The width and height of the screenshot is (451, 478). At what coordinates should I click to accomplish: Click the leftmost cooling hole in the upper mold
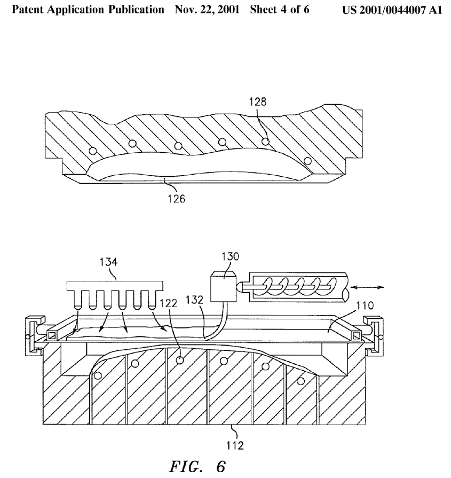coord(94,151)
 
